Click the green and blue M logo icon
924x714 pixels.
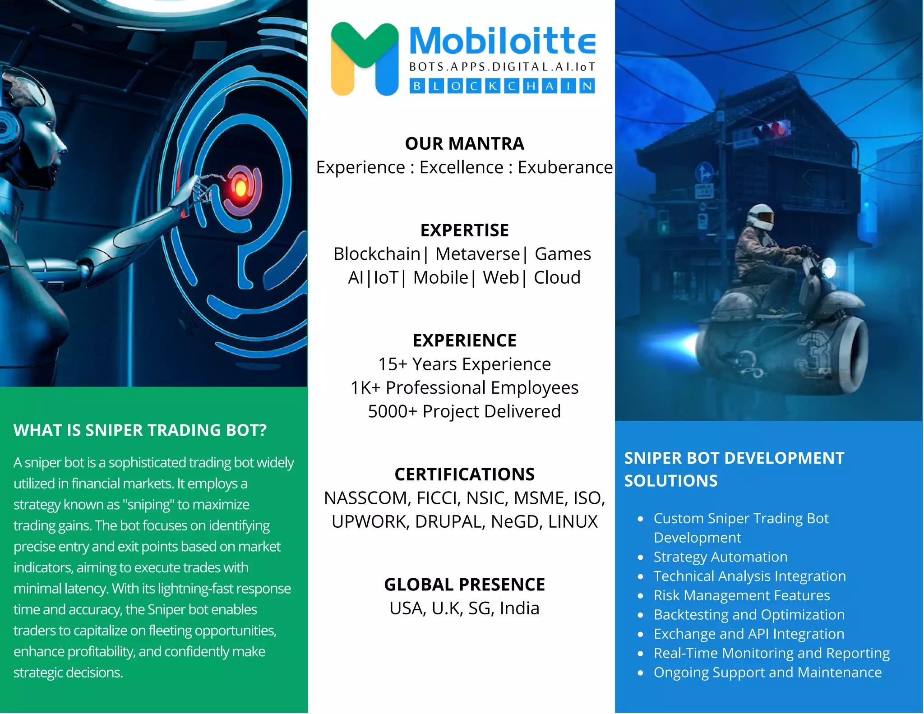(x=365, y=59)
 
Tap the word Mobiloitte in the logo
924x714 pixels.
(x=502, y=41)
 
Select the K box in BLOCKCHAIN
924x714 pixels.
(x=493, y=86)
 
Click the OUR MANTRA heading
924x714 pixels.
(x=464, y=143)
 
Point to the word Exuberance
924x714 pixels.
(x=565, y=167)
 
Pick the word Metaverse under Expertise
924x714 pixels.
(x=477, y=254)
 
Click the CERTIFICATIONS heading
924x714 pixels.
(x=464, y=474)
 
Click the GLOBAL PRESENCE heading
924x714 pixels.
(x=464, y=585)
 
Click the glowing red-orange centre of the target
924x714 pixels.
(x=241, y=188)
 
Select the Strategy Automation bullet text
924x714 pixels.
(x=720, y=557)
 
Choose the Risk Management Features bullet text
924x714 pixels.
(x=741, y=595)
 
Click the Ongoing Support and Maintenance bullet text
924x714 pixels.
(x=767, y=673)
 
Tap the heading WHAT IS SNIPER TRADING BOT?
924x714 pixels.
(x=140, y=430)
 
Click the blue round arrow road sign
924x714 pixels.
(x=704, y=173)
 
